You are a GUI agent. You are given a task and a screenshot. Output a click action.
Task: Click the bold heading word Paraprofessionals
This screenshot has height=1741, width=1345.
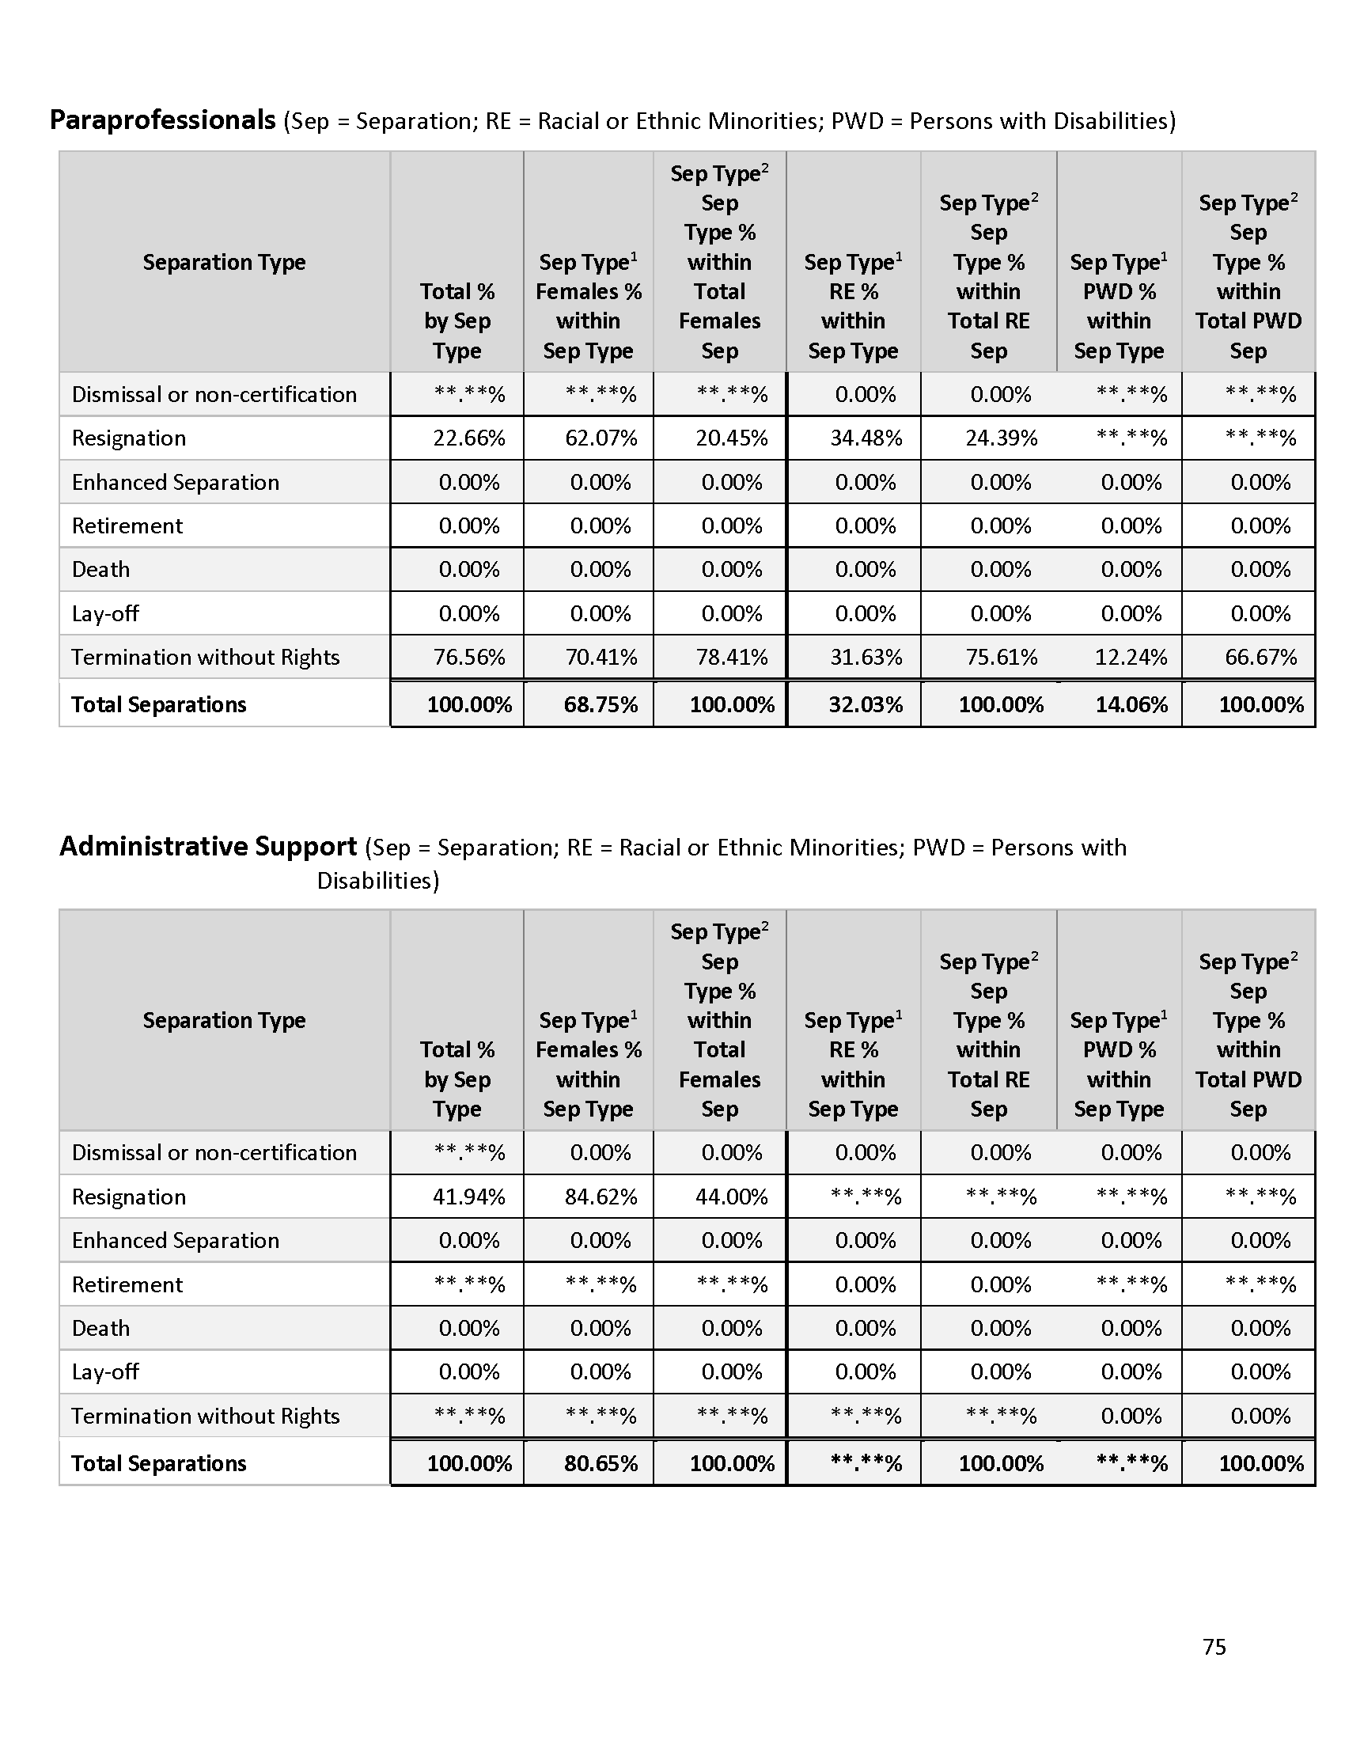162,120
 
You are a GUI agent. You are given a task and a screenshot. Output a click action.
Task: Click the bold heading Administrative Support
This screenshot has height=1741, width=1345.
208,847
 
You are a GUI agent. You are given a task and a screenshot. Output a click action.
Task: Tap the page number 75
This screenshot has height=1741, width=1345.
1214,1647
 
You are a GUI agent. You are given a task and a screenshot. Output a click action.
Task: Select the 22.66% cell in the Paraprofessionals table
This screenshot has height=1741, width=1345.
468,438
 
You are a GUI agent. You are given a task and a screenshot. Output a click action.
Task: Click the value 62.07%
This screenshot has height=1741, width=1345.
601,438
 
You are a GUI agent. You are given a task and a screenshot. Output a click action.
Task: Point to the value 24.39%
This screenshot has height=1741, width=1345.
1001,438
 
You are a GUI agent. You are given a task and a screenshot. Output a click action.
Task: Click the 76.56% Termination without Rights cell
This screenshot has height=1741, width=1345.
468,658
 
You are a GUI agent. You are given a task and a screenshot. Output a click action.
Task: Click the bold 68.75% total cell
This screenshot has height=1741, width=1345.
601,704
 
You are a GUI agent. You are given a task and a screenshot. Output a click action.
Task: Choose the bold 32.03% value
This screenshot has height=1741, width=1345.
866,704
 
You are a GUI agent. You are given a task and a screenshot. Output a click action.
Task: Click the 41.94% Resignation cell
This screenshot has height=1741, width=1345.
468,1197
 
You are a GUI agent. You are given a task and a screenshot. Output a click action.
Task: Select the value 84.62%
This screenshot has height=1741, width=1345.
601,1197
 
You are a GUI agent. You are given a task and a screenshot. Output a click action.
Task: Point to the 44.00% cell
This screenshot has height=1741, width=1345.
732,1197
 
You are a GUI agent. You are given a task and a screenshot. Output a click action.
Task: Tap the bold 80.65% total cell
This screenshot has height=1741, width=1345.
601,1463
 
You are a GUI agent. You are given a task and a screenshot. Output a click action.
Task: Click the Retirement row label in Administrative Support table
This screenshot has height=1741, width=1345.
127,1284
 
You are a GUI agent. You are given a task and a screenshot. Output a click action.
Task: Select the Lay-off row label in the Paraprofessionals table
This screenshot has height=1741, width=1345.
105,614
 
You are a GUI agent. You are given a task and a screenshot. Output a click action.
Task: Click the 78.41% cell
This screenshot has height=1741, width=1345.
732,658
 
